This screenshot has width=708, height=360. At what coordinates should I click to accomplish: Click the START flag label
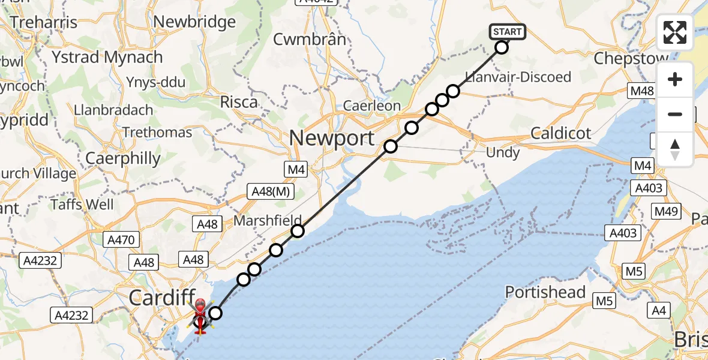pyautogui.click(x=508, y=31)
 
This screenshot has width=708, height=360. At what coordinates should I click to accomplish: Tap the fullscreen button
pyautogui.click(x=675, y=32)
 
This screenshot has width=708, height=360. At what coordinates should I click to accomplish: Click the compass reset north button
pyautogui.click(x=675, y=149)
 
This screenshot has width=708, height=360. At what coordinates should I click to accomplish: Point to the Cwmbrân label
pyautogui.click(x=310, y=40)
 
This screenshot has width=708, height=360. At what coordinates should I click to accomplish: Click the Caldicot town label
pyautogui.click(x=561, y=133)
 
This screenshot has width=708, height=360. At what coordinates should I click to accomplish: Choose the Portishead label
pyautogui.click(x=545, y=292)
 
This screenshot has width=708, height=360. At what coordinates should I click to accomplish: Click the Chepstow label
pyautogui.click(x=631, y=58)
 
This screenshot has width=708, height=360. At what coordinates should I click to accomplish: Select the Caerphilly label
pyautogui.click(x=123, y=158)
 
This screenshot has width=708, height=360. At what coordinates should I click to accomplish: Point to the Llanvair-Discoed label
pyautogui.click(x=518, y=77)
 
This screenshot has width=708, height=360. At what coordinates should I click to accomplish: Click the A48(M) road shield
pyautogui.click(x=272, y=192)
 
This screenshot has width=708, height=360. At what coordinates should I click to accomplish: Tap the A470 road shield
pyautogui.click(x=121, y=240)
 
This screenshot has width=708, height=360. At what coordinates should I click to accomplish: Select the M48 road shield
pyautogui.click(x=641, y=91)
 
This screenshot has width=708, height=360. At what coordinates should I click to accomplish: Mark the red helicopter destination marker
pyautogui.click(x=200, y=310)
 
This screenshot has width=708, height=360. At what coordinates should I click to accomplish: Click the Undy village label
pyautogui.click(x=503, y=153)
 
